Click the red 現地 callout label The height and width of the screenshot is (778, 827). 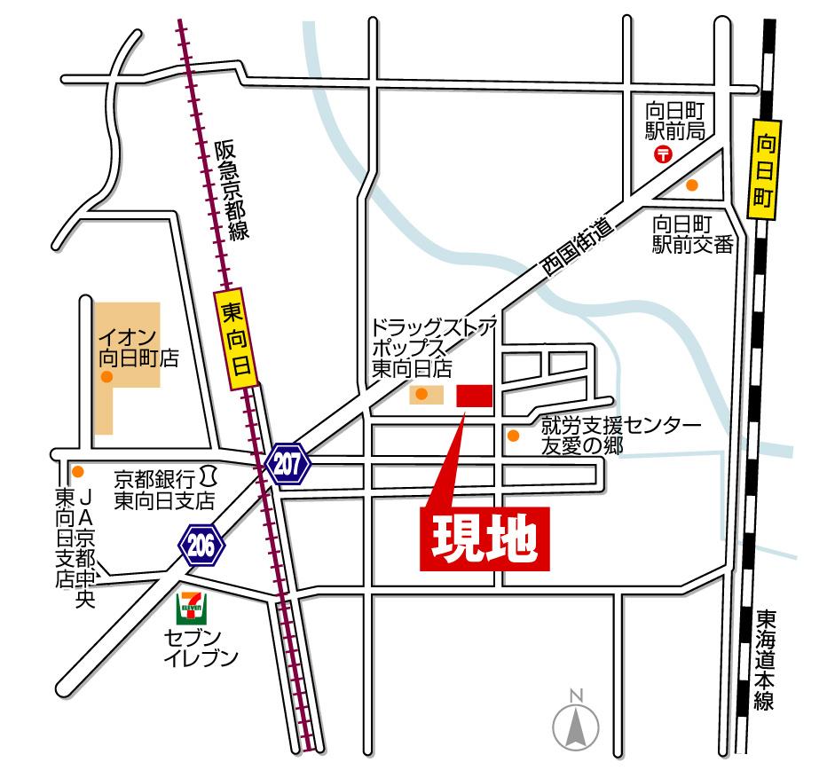[484, 538]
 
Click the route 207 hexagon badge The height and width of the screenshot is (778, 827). [287, 463]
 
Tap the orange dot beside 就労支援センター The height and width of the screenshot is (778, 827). [513, 435]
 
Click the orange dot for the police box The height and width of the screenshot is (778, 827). [692, 185]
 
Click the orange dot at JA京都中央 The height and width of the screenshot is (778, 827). [78, 471]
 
